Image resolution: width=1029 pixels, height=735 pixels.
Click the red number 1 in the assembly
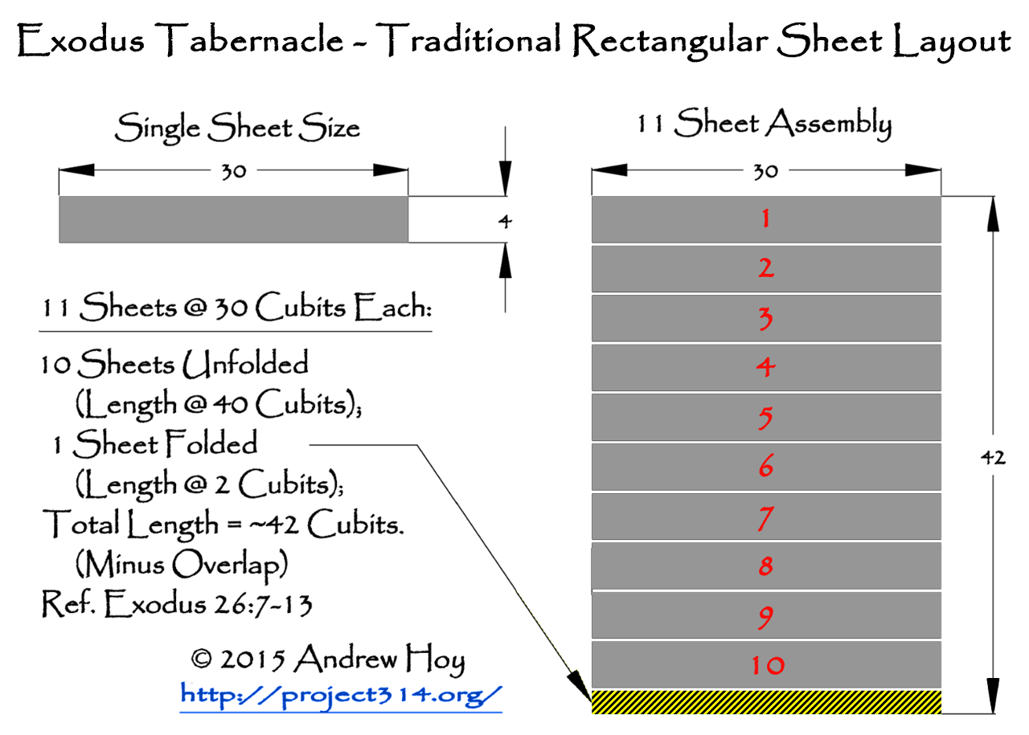765,218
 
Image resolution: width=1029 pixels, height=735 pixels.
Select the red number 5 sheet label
765,418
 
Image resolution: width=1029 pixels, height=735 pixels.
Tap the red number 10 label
768,665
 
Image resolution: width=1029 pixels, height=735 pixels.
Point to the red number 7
765,518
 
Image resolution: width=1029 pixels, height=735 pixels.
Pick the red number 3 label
765,318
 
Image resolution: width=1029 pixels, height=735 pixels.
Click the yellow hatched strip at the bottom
766,702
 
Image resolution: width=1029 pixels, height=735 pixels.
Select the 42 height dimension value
994,459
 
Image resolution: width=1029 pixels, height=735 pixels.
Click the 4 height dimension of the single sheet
504,221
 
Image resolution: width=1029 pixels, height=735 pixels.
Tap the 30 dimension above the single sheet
233,171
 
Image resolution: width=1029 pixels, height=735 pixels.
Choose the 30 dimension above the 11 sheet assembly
765,171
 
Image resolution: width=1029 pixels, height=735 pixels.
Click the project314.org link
341,694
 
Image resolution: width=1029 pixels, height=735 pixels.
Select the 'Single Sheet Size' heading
237,129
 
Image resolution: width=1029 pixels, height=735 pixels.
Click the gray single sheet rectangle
233,219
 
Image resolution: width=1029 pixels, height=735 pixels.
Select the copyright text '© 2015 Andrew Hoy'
327,659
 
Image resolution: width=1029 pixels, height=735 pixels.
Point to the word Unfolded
245,365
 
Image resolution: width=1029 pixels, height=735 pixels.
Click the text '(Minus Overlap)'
182,566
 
